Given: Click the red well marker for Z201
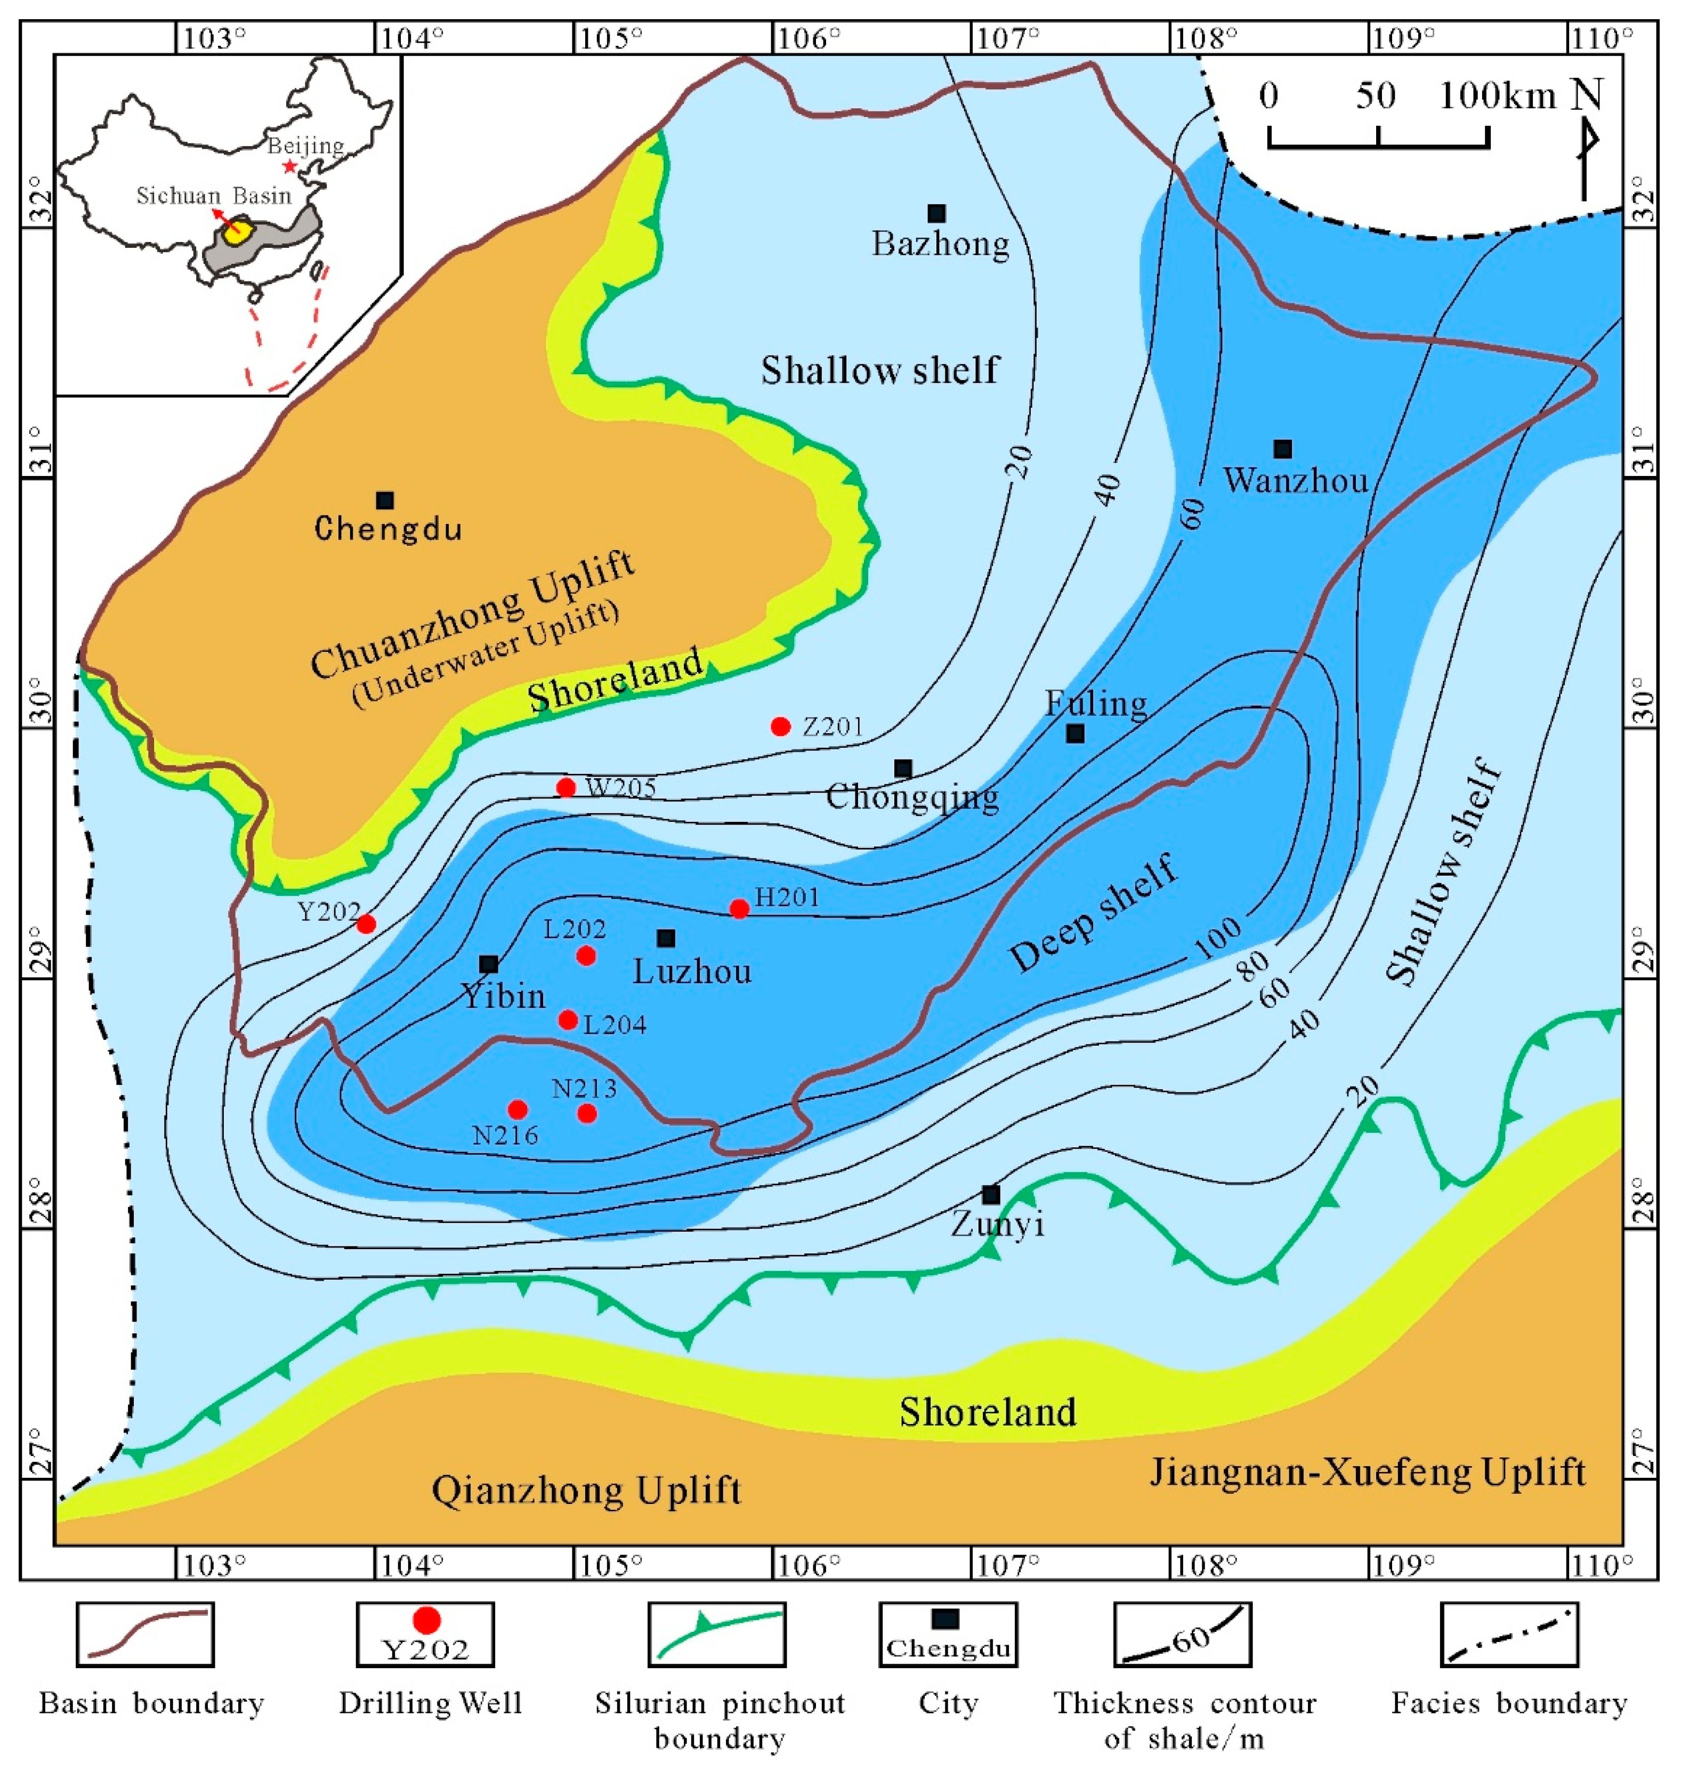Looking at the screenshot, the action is (x=780, y=726).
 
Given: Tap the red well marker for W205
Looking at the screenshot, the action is (x=565, y=788).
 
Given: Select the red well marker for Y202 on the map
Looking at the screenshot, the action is (x=366, y=924).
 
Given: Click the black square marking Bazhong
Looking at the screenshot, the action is (x=936, y=213).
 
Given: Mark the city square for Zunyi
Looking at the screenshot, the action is (x=990, y=1194).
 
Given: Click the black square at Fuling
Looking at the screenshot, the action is (x=1075, y=734).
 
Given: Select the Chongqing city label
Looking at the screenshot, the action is (x=912, y=796).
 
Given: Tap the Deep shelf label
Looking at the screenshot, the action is (x=1093, y=914).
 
